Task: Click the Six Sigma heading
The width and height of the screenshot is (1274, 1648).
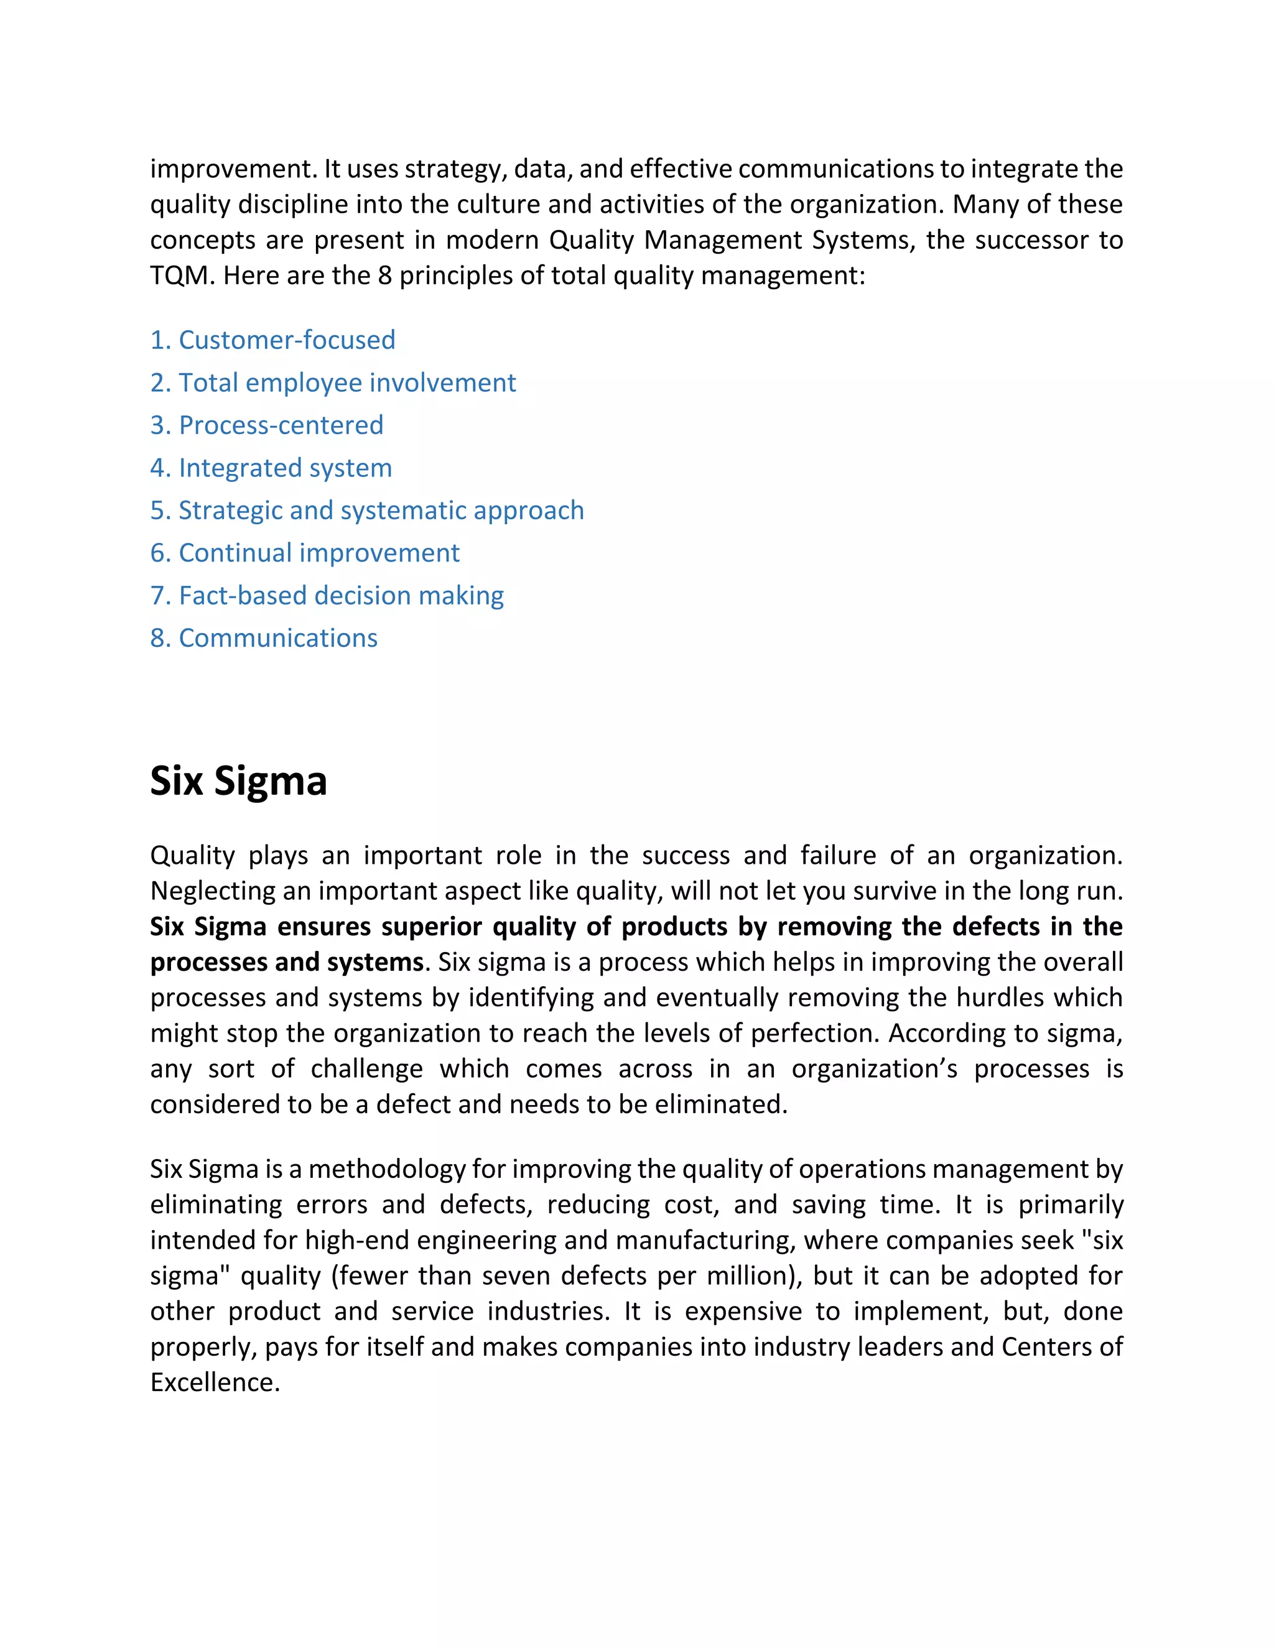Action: click(238, 781)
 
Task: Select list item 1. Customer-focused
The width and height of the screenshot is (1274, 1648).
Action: click(272, 340)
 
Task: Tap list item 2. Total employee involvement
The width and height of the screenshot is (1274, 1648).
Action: click(333, 383)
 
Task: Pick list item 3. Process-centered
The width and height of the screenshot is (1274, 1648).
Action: click(266, 425)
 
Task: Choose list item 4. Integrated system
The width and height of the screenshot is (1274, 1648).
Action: click(271, 468)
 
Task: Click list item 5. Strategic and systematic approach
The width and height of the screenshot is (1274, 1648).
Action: click(367, 511)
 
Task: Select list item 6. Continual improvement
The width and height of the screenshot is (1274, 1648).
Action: click(305, 553)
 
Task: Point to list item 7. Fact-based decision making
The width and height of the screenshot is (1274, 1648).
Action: click(327, 596)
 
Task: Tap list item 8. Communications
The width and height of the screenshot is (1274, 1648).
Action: click(263, 639)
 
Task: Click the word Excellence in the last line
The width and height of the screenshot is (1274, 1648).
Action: click(215, 1382)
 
